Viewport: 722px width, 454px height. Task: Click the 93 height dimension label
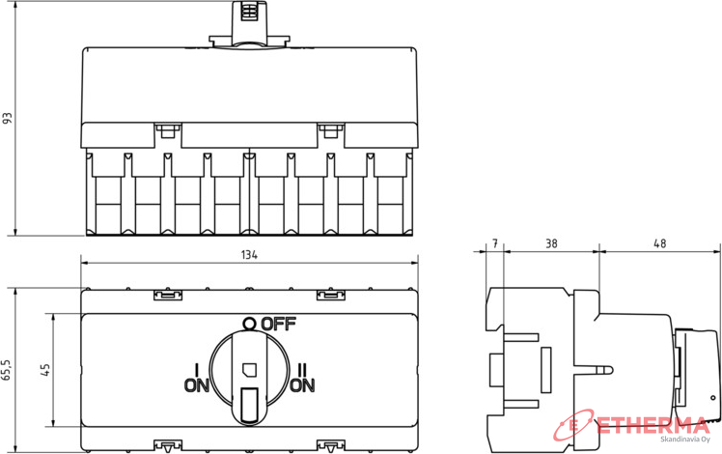(x=8, y=118)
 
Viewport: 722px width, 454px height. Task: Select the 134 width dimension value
(x=249, y=255)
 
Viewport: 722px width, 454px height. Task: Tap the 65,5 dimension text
(x=7, y=370)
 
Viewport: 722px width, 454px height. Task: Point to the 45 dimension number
(x=45, y=370)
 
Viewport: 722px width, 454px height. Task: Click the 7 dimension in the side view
(x=495, y=243)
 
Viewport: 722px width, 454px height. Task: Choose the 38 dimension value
(x=551, y=243)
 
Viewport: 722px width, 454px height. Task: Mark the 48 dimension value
(x=660, y=243)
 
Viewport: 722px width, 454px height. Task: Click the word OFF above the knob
(x=278, y=324)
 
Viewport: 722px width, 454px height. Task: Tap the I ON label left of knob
(x=197, y=378)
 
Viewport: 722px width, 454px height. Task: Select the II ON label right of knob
(x=302, y=378)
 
